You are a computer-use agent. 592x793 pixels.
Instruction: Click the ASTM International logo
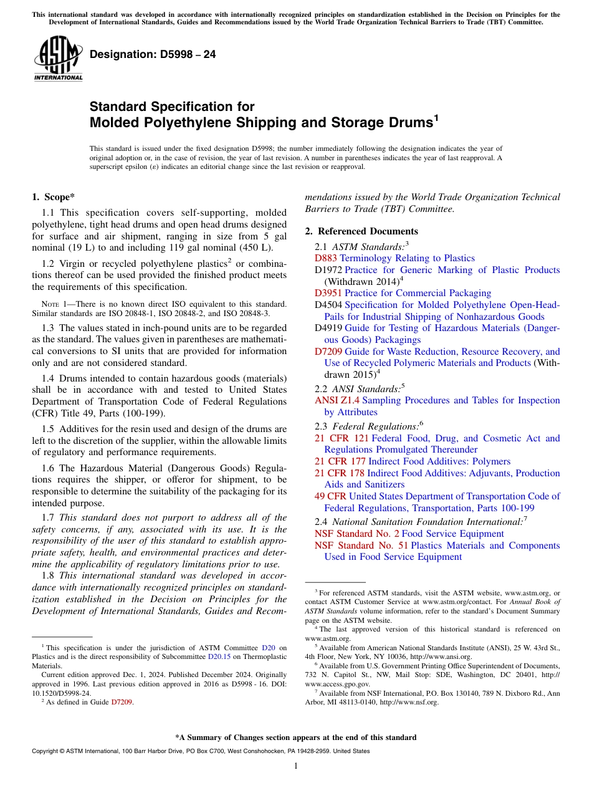pyautogui.click(x=58, y=59)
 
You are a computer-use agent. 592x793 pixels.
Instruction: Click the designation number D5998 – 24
pyautogui.click(x=153, y=55)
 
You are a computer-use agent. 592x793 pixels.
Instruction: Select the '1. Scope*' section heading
pyautogui.click(x=54, y=198)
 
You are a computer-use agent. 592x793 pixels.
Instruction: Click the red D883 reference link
pyautogui.click(x=325, y=258)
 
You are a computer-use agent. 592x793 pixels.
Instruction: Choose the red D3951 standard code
pyautogui.click(x=328, y=293)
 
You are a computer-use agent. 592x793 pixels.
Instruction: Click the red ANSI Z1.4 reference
pyautogui.click(x=337, y=400)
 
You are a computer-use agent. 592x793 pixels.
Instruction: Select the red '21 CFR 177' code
pyautogui.click(x=340, y=461)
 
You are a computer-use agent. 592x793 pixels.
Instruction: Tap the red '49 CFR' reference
pyautogui.click(x=330, y=496)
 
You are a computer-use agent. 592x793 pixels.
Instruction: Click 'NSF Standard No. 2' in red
pyautogui.click(x=356, y=534)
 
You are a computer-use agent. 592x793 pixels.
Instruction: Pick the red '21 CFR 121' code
pyautogui.click(x=341, y=438)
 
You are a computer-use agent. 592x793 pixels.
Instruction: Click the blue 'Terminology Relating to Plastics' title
pyautogui.click(x=407, y=258)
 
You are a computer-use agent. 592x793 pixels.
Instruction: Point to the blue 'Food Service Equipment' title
pyautogui.click(x=453, y=534)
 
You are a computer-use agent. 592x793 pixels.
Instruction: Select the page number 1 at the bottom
pyautogui.click(x=296, y=766)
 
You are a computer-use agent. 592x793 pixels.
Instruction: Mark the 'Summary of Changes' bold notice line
pyautogui.click(x=296, y=738)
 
